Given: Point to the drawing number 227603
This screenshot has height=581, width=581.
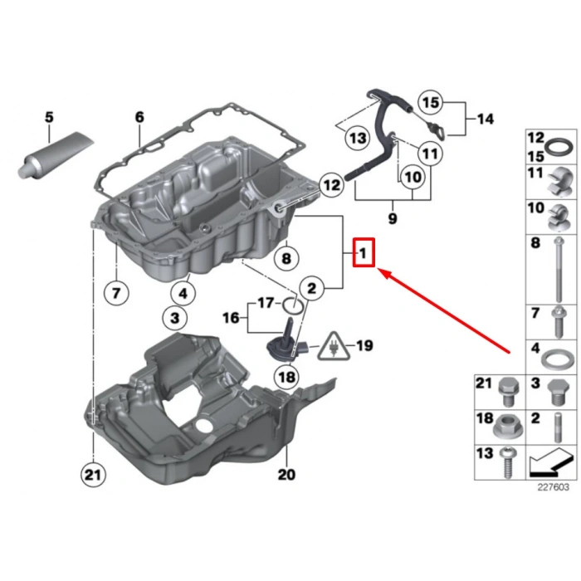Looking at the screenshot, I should pos(552,488).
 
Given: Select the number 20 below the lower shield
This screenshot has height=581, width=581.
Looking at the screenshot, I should pos(286,475).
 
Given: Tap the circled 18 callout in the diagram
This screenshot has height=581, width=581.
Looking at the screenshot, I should pos(286,377).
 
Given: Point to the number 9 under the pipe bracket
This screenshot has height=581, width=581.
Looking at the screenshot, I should pos(393,219).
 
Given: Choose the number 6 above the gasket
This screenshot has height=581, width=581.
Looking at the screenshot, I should pos(139,117).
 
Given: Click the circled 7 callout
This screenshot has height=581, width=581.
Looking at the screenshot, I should pos(116,291).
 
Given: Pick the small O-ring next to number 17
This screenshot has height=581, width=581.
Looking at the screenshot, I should pos(290,304).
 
